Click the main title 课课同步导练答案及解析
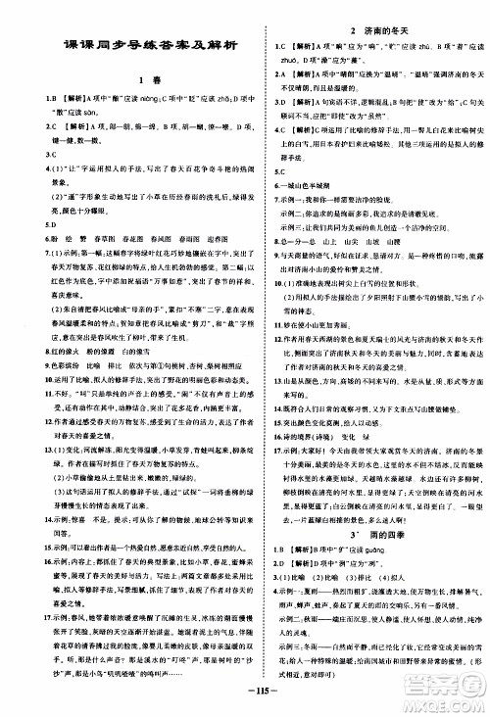pyautogui.click(x=131, y=46)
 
